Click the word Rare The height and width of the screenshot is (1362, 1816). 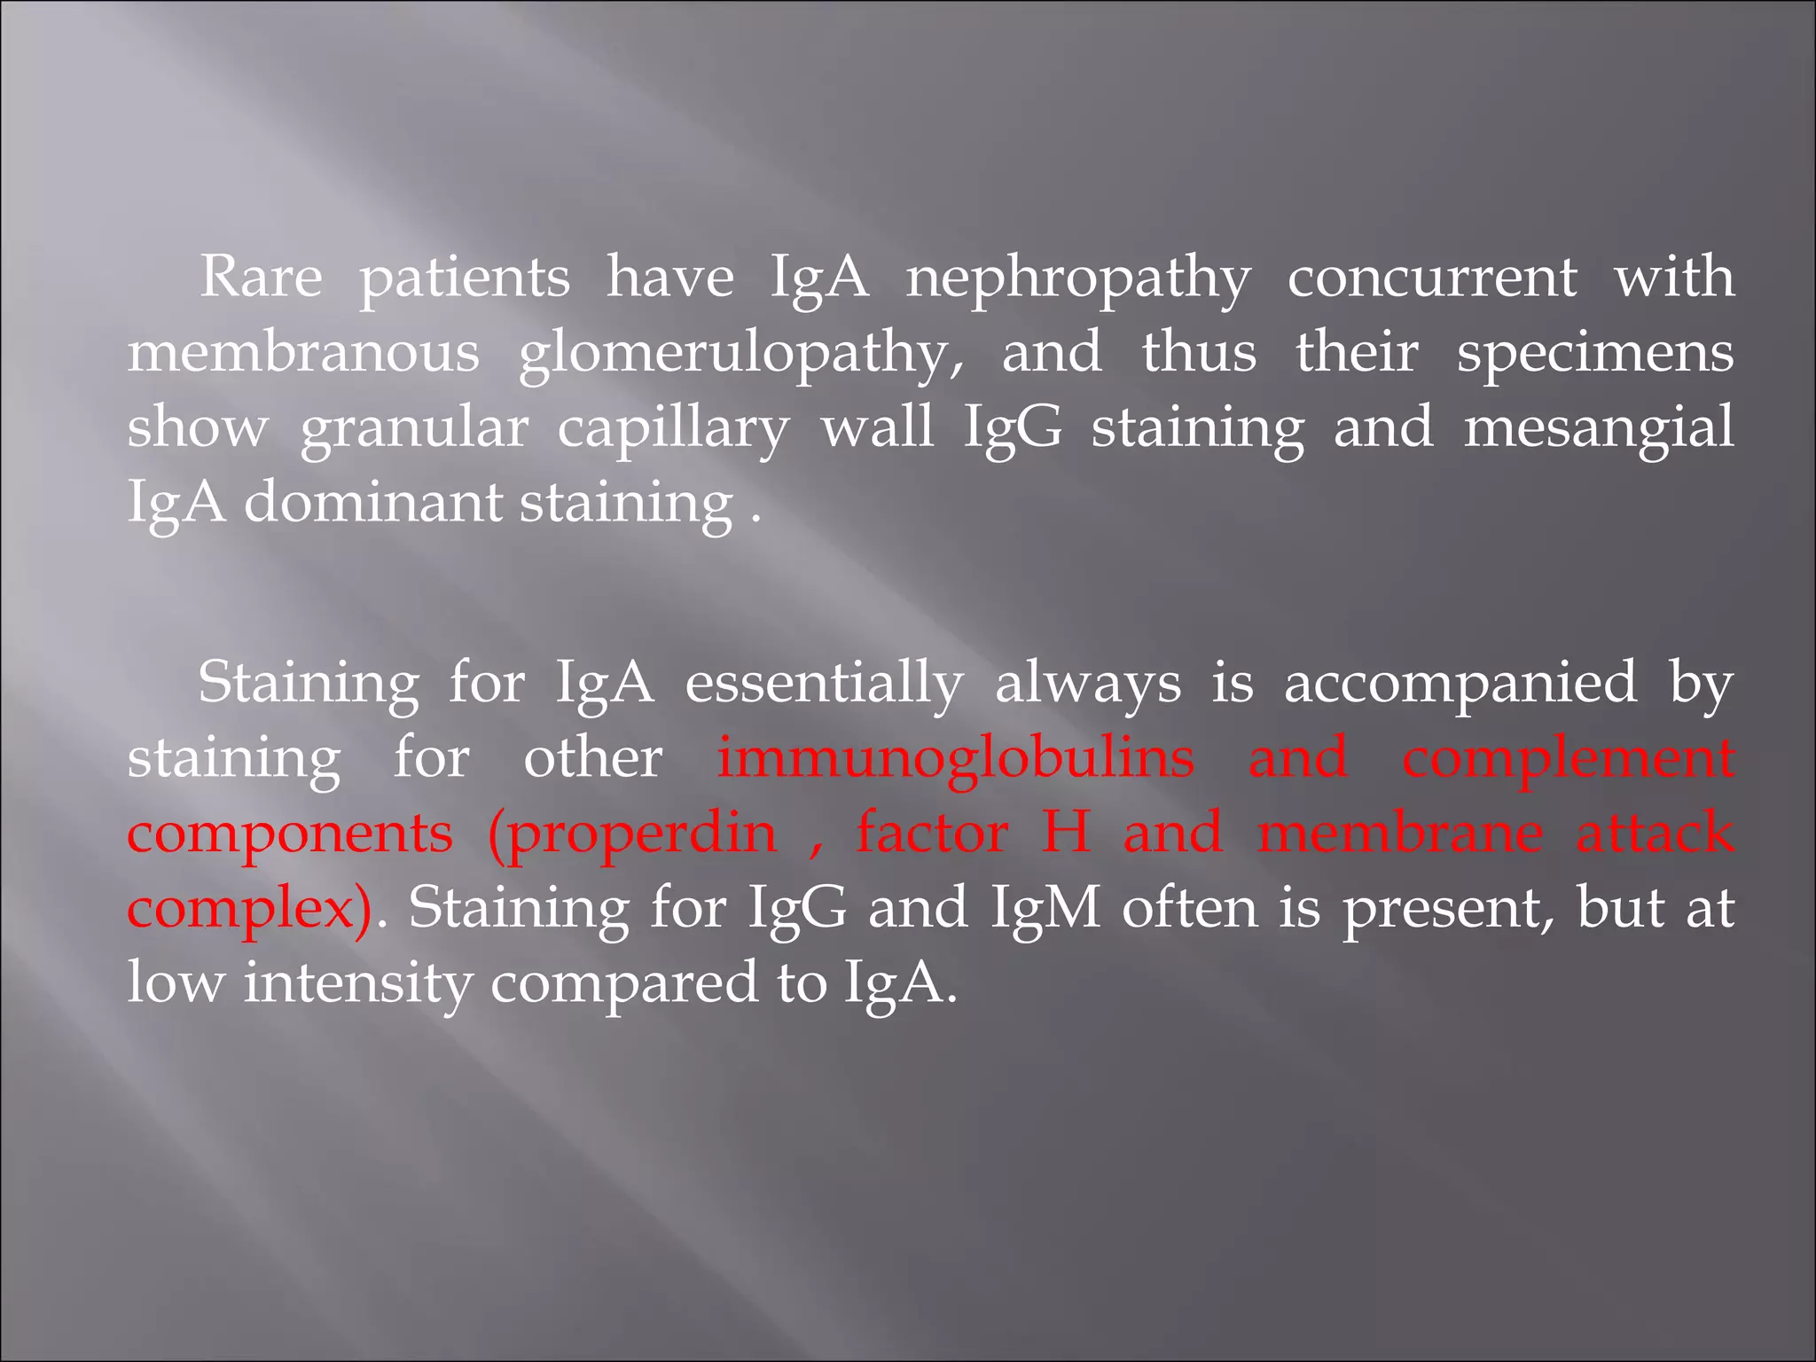[x=262, y=277]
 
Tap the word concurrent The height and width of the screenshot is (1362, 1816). [x=1432, y=278]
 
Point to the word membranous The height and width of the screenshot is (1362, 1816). [x=303, y=352]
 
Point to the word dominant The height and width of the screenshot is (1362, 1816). [x=373, y=503]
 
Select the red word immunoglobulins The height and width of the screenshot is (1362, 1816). [x=956, y=758]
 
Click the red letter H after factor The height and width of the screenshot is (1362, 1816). [x=1066, y=833]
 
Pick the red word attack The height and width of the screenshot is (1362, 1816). [x=1655, y=833]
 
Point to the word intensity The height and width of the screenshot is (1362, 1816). [x=357, y=984]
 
